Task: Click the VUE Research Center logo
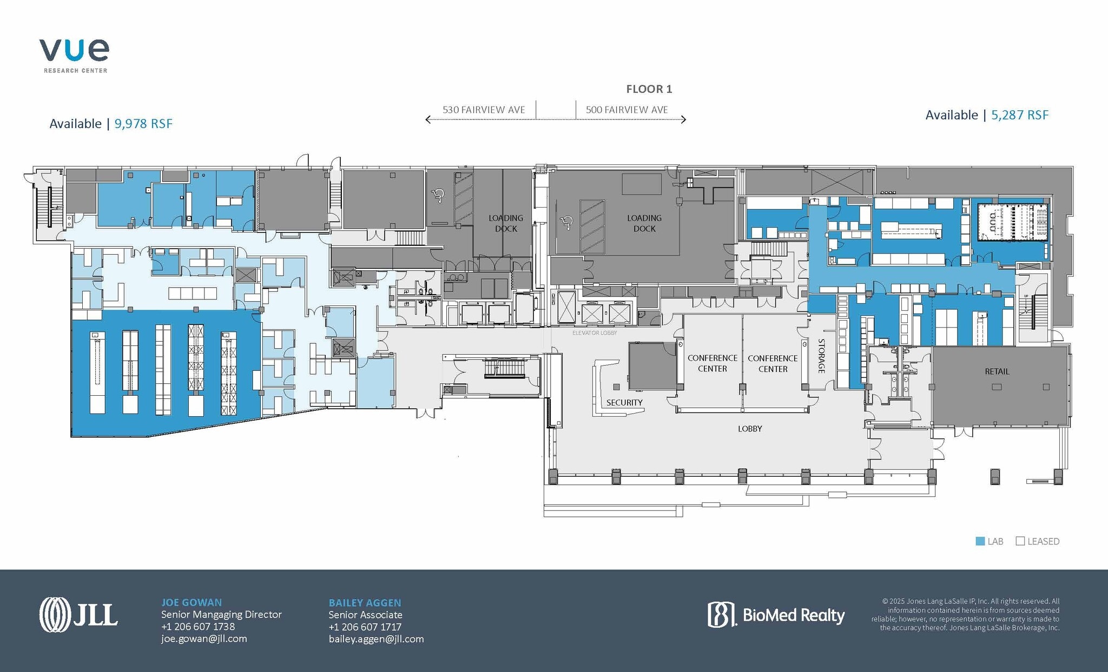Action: tap(74, 55)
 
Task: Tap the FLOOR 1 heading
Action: tap(649, 89)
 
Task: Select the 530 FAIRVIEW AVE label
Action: tap(484, 110)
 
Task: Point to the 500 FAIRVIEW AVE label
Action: tap(626, 110)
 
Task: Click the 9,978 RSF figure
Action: tap(143, 124)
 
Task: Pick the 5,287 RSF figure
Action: tap(1020, 115)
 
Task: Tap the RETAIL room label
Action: tap(997, 371)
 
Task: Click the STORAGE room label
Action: tap(821, 356)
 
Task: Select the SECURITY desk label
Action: tap(624, 403)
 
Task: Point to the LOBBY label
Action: tap(750, 429)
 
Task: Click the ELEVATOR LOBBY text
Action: tap(595, 333)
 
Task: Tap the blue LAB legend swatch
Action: tap(980, 541)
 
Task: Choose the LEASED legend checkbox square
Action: tap(1020, 541)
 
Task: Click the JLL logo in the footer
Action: tap(78, 615)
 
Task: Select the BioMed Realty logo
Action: tap(776, 615)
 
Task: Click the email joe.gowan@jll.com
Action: tap(204, 638)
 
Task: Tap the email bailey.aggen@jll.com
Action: tap(376, 639)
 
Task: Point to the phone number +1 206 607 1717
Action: tap(365, 627)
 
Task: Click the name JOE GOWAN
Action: tap(192, 602)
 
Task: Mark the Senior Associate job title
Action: tap(365, 615)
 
